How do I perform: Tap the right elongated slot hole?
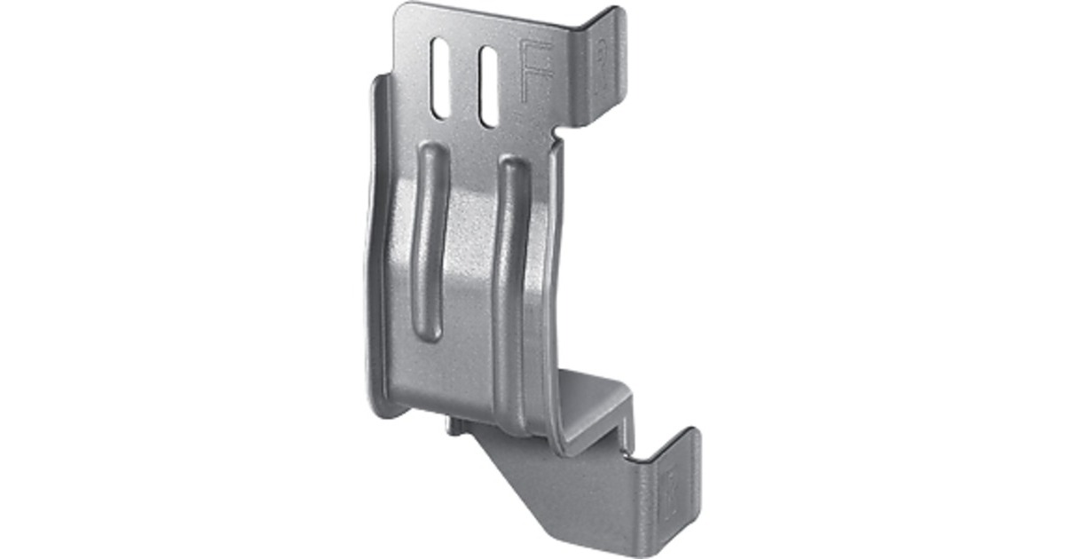[x=487, y=86]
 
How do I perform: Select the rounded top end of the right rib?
[x=512, y=166]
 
